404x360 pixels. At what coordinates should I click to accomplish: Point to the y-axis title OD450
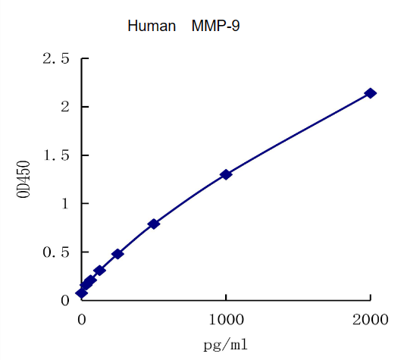(x=23, y=179)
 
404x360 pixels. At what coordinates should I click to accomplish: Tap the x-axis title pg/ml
(x=225, y=345)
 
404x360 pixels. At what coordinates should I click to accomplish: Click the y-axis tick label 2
(x=65, y=107)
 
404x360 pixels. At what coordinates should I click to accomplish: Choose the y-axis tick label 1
(x=65, y=204)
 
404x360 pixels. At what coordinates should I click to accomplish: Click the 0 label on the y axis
(x=65, y=301)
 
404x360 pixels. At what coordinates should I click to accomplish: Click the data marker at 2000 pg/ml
(x=370, y=93)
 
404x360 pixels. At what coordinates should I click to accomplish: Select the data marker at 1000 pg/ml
(x=226, y=174)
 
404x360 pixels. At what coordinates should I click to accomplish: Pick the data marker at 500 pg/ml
(x=154, y=224)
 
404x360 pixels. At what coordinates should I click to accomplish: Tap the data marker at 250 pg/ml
(x=117, y=254)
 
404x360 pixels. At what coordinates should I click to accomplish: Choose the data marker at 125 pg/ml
(x=99, y=270)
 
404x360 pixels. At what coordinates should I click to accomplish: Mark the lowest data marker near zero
(x=82, y=293)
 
